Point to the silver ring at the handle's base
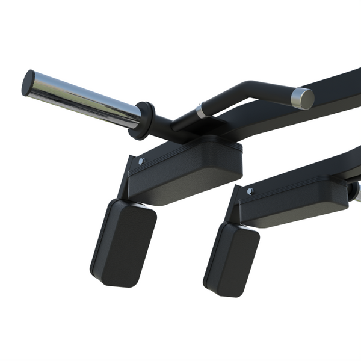pos(199,111)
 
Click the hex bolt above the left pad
pos(141,161)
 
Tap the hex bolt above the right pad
pos(250,191)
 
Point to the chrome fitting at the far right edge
pos(355,191)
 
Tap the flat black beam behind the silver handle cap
pos(337,90)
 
